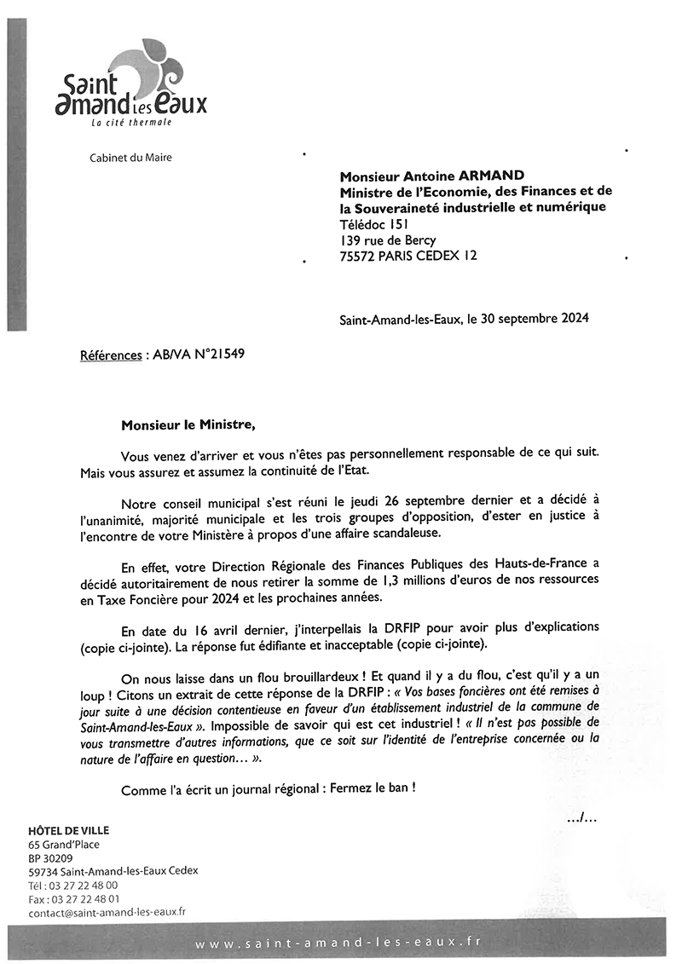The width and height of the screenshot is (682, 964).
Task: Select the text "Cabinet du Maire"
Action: coord(130,157)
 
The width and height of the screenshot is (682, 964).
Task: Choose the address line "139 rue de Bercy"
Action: coord(388,240)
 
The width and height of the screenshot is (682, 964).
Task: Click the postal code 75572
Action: coord(359,256)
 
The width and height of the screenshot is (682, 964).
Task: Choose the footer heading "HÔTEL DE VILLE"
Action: coord(69,830)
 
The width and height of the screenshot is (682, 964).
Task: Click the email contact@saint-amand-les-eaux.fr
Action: coord(107,911)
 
